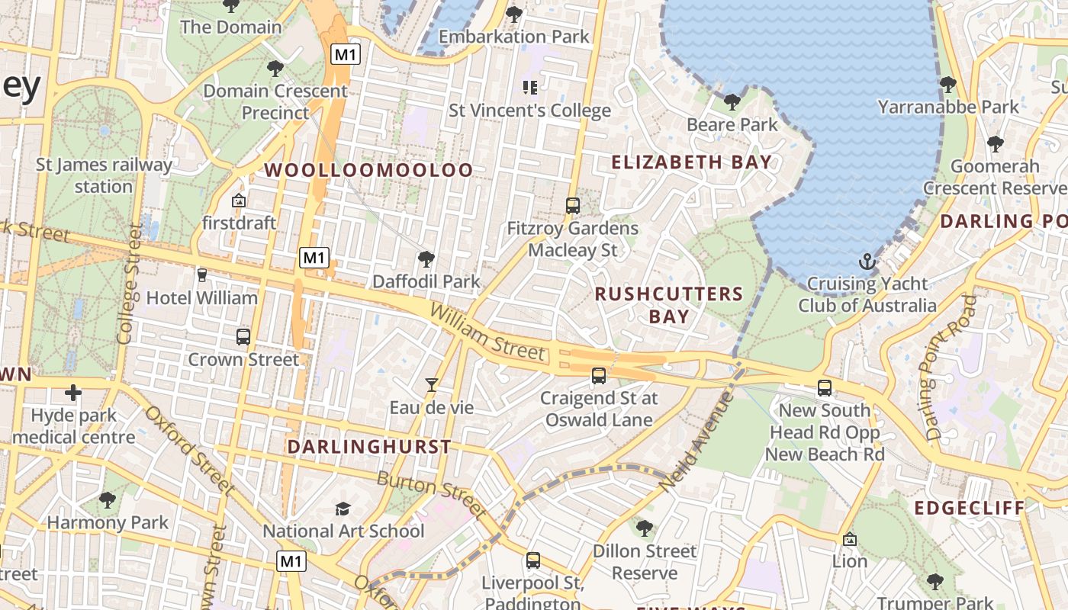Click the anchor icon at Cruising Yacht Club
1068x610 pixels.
[867, 262]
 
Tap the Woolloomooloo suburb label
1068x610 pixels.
[369, 170]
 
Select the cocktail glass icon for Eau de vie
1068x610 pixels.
[432, 385]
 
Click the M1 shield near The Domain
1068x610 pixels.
[346, 54]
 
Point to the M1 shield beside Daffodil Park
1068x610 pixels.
[314, 258]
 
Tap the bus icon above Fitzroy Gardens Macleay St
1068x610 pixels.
[573, 205]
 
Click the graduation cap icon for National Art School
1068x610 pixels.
[343, 509]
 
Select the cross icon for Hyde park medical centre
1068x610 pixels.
[73, 393]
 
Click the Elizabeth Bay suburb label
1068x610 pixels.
[692, 162]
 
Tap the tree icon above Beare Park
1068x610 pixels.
[732, 101]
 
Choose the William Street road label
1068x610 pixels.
[487, 332]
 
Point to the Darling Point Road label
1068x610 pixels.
[951, 368]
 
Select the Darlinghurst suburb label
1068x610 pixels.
[369, 447]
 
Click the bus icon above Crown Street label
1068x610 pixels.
[243, 336]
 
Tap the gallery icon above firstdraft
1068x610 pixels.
[239, 201]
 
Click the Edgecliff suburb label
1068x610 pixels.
[970, 508]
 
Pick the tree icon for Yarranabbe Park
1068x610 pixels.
[947, 84]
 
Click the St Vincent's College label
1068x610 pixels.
[529, 111]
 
